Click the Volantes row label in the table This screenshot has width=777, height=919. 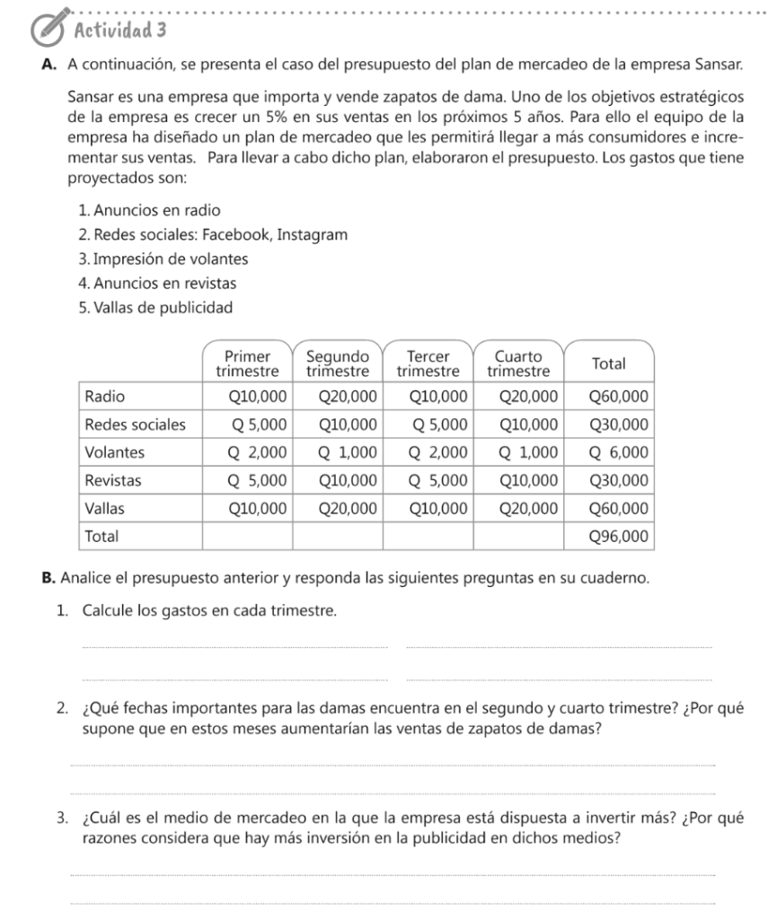click(114, 451)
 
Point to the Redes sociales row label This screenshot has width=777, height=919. click(136, 424)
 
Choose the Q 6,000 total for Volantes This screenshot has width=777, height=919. click(617, 451)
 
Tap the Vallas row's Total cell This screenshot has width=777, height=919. click(617, 508)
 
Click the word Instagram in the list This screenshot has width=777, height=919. click(312, 234)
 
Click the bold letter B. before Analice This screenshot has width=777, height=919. click(50, 575)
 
